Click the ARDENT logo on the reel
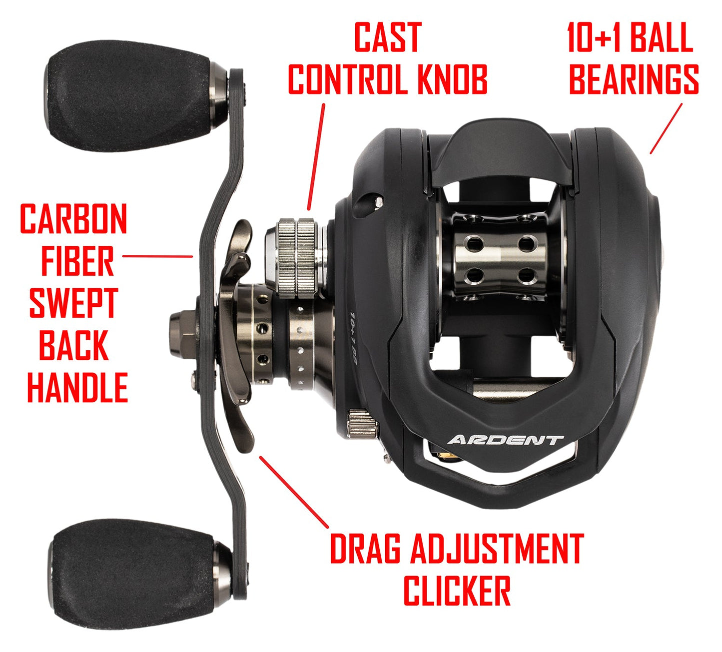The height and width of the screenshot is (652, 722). point(505,440)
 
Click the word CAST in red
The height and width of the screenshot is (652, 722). point(387,37)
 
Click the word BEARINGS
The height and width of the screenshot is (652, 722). point(634,79)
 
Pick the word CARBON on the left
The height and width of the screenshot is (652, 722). point(73,219)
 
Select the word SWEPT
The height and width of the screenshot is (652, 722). point(73,303)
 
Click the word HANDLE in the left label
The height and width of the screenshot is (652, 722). point(77,387)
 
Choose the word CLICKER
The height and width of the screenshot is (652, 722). point(457,591)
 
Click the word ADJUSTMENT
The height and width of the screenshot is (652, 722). point(496,549)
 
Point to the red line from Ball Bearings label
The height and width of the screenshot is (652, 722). point(666,128)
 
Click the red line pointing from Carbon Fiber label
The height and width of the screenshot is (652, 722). point(157,256)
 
